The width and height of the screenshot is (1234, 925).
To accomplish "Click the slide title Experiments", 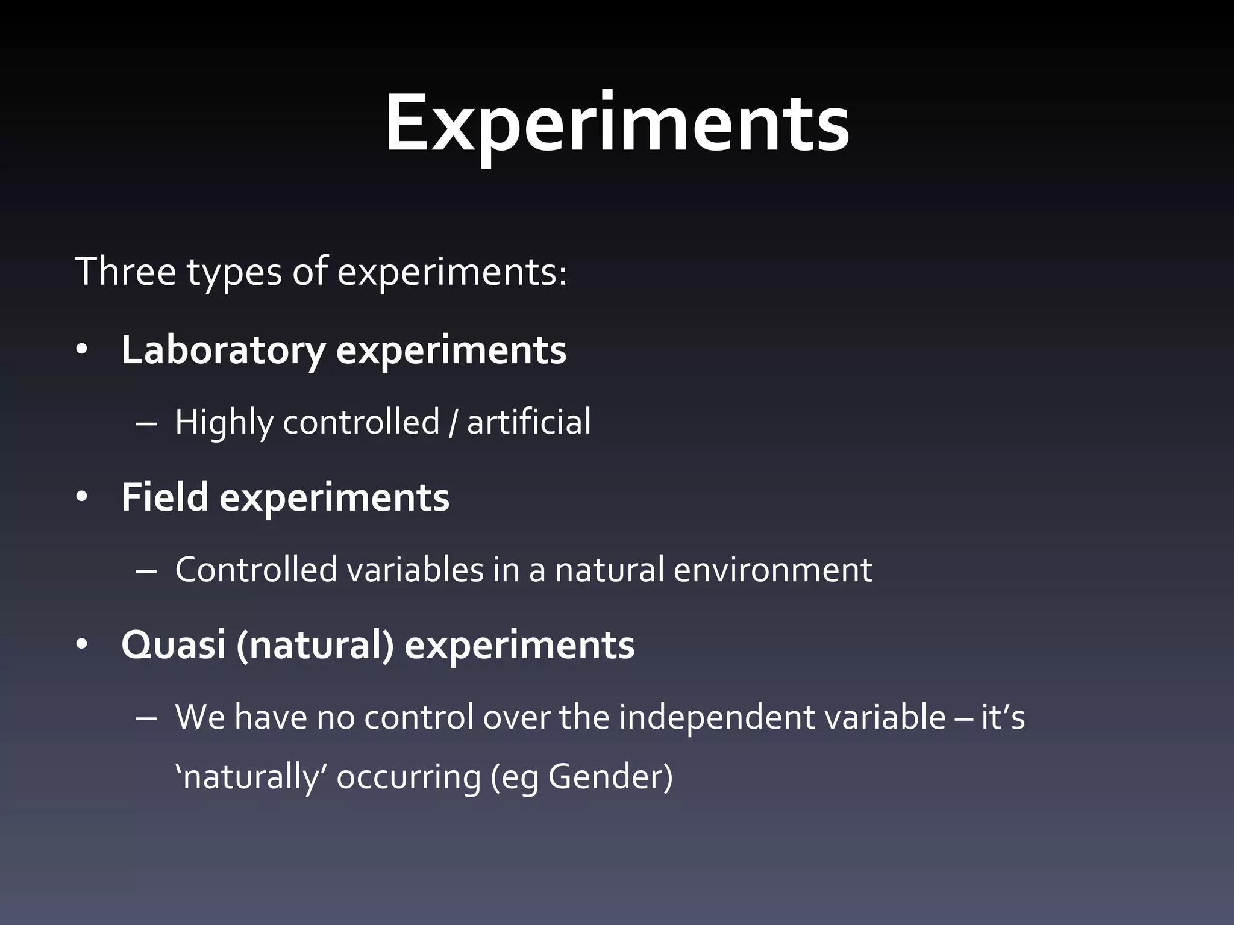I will point(617,123).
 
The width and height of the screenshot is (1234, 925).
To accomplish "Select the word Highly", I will point(224,422).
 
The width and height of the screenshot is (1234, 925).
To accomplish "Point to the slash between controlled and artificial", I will point(453,422).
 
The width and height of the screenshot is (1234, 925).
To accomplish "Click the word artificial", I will point(529,421).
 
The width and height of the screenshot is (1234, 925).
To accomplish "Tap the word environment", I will point(772,570).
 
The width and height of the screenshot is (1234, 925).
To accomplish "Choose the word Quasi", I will point(174,645).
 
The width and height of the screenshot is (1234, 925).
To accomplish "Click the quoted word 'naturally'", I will point(251,777).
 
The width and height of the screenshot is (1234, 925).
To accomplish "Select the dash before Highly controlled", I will point(146,423).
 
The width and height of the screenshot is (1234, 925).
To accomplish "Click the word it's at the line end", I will point(1003,717).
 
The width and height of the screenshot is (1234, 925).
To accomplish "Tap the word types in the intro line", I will point(234,272).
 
